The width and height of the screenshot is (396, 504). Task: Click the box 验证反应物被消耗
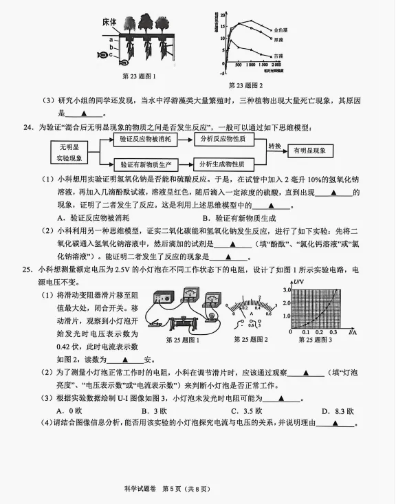click(145, 139)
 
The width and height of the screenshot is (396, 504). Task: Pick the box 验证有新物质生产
click(145, 164)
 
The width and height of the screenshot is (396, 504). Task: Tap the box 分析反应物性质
click(224, 139)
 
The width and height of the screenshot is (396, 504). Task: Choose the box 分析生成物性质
click(224, 164)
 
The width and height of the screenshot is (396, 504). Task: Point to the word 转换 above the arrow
click(275, 146)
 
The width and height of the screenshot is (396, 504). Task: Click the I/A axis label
click(352, 332)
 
